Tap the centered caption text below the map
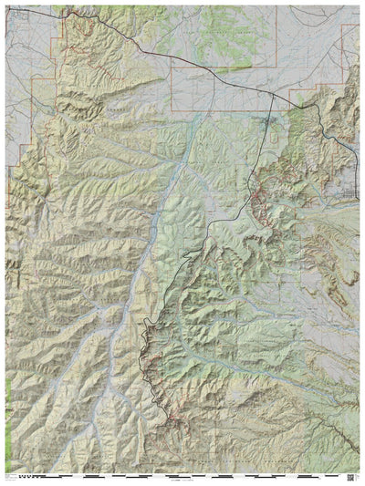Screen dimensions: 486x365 click(182, 480)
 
